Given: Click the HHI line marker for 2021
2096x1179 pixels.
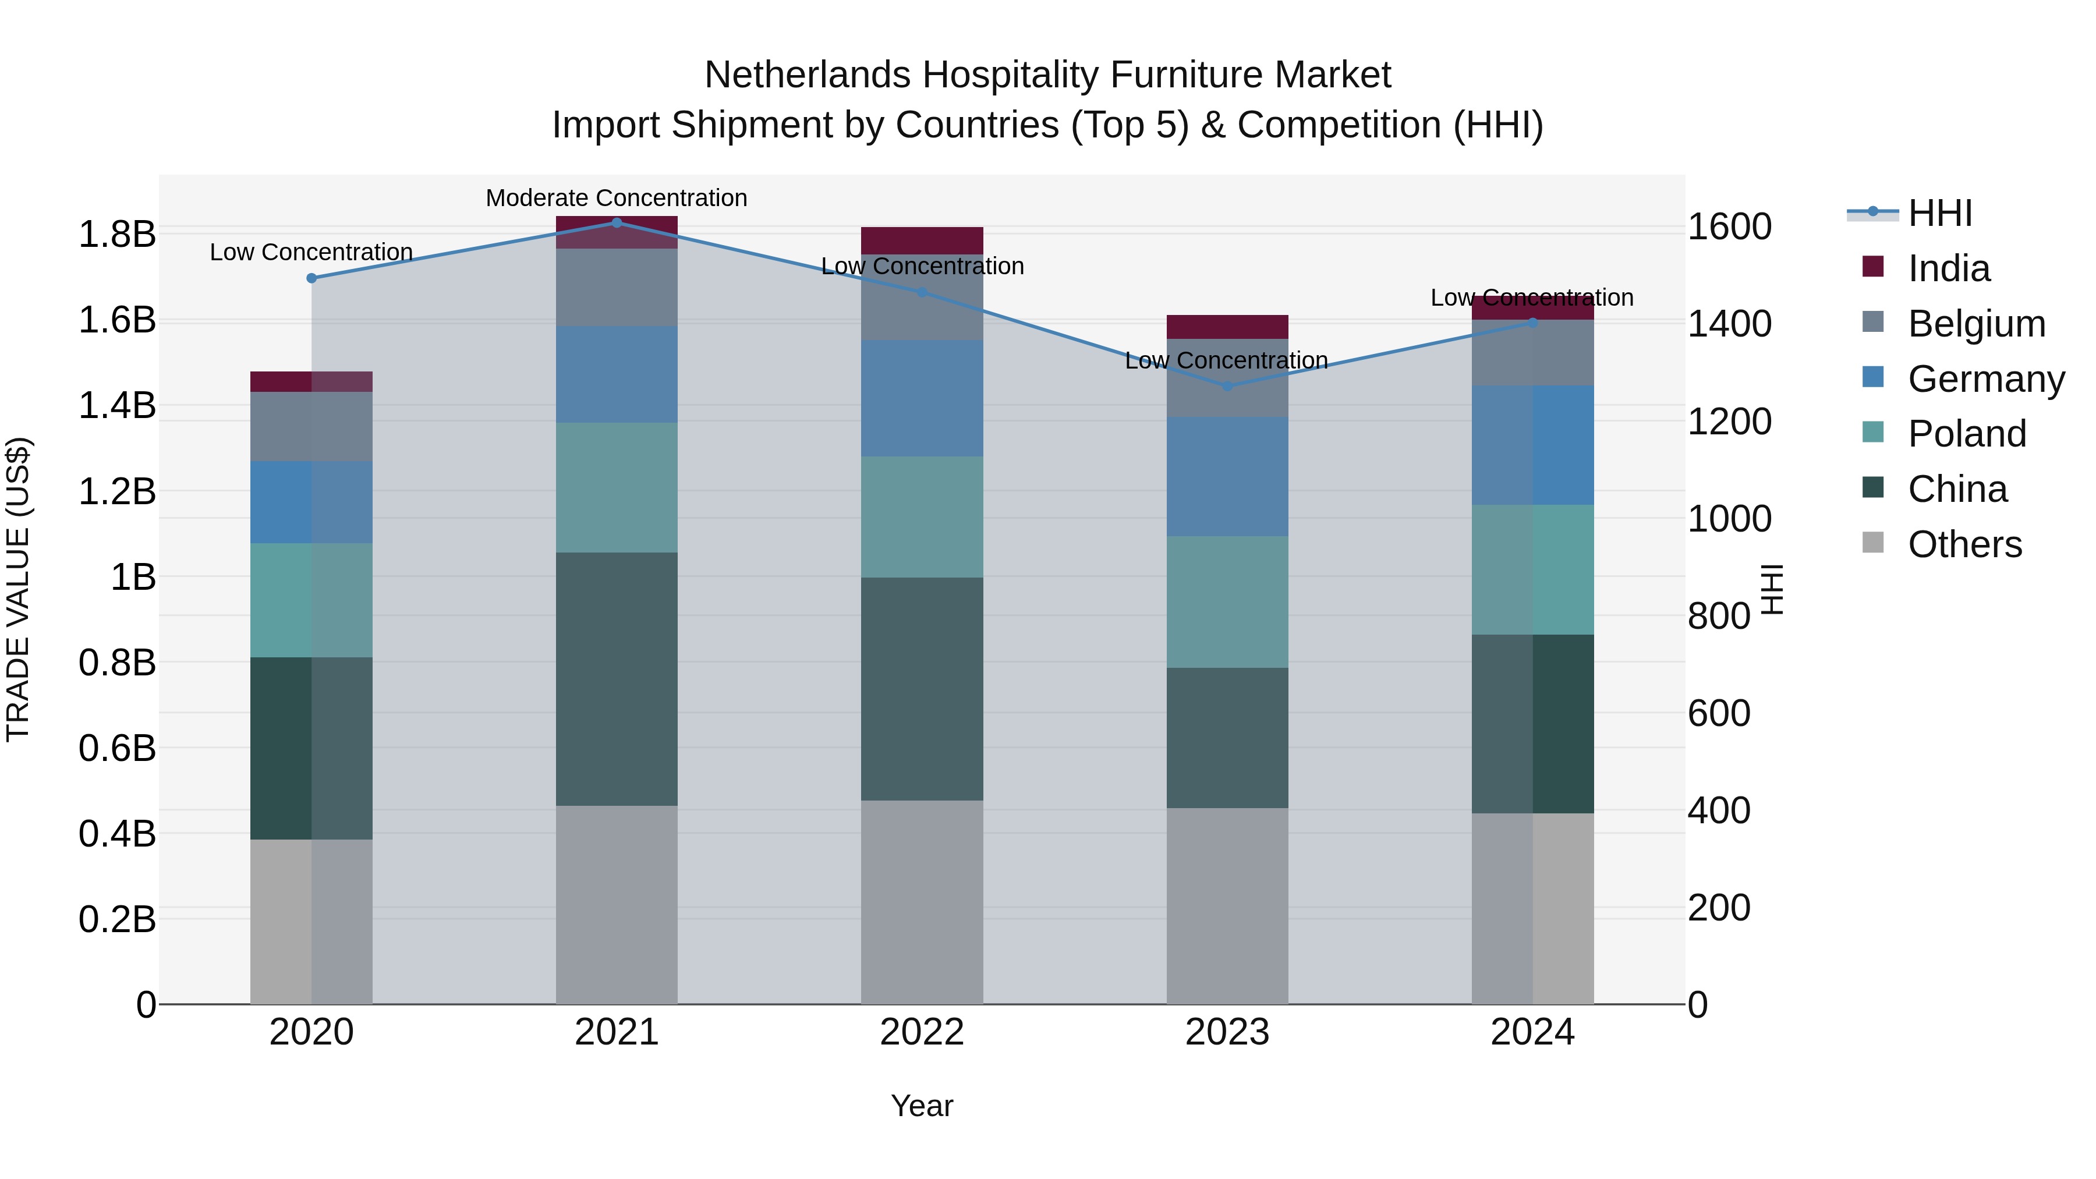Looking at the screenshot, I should click(616, 223).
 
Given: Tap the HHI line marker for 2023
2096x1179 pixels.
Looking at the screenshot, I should click(1227, 385).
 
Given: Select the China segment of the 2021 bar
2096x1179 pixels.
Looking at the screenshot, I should click(616, 679).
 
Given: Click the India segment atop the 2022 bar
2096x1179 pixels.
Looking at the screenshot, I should click(922, 241).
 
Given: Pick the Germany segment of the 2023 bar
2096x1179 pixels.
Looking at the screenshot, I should click(1227, 476).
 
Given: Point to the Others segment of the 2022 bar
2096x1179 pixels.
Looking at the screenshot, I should click(922, 901).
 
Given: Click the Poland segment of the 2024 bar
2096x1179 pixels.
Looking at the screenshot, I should click(1532, 569).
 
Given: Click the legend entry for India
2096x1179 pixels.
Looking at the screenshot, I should click(1948, 268).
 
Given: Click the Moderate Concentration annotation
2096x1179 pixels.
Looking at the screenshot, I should click(616, 198).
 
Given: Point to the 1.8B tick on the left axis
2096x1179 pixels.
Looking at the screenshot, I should click(116, 234).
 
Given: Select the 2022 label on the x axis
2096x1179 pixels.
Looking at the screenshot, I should click(922, 1032).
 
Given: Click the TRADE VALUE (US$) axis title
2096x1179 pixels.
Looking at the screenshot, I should click(18, 589).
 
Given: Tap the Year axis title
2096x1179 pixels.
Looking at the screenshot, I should click(922, 1106).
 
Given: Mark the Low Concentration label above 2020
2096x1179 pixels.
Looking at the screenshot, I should click(311, 252).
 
